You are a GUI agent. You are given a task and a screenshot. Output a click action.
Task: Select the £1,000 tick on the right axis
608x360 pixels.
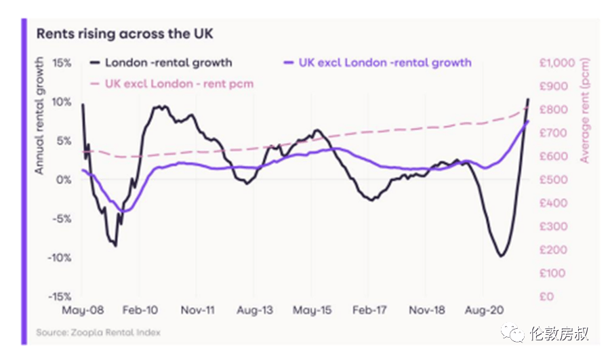click(x=556, y=62)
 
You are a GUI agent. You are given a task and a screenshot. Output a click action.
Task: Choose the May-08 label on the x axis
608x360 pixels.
click(x=82, y=310)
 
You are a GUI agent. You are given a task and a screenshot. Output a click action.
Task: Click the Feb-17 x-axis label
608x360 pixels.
click(x=370, y=310)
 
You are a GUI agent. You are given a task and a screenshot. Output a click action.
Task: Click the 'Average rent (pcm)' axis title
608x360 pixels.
click(x=584, y=112)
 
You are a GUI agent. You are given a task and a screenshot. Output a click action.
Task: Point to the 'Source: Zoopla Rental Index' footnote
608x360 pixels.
click(x=98, y=333)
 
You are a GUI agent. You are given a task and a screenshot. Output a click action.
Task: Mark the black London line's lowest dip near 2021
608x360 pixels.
click(x=501, y=256)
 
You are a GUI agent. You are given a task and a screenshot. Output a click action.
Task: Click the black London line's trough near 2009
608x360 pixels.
click(x=116, y=245)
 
